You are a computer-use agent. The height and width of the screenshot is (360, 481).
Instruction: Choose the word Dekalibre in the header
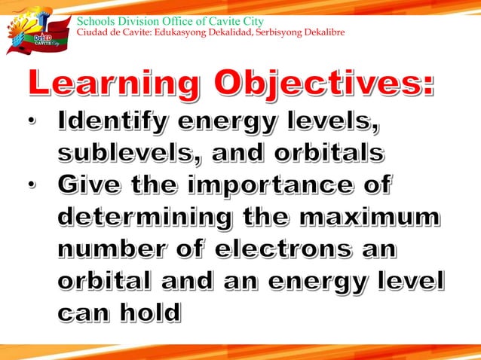(x=324, y=33)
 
